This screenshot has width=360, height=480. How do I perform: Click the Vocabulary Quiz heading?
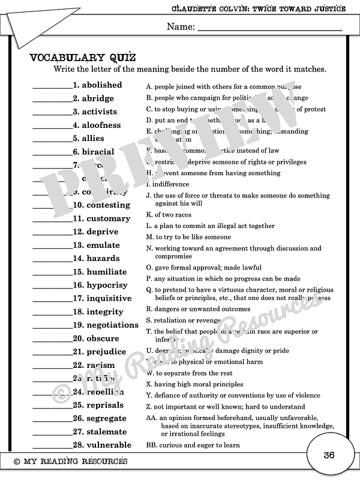tap(83, 58)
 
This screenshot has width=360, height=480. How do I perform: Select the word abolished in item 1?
tap(101, 85)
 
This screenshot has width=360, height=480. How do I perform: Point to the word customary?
tap(108, 218)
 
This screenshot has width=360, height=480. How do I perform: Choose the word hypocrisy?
tap(109, 285)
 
